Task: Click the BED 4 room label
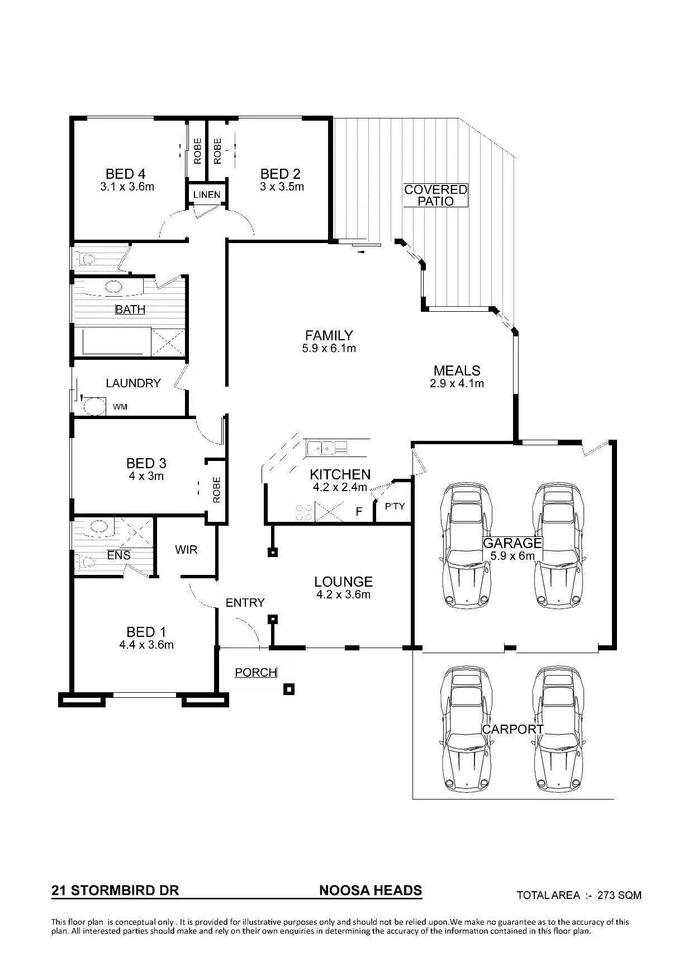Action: (x=126, y=174)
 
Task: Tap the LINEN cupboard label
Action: (x=207, y=195)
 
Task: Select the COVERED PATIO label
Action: (x=435, y=196)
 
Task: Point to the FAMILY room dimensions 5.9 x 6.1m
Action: (x=329, y=349)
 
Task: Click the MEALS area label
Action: (x=457, y=370)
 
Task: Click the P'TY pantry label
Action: (x=395, y=506)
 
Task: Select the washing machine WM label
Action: (x=120, y=407)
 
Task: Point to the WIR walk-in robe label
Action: (x=186, y=550)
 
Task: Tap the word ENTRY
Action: (x=245, y=603)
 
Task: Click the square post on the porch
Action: (x=288, y=689)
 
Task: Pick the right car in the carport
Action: (x=559, y=729)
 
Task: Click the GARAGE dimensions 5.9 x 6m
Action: (x=512, y=556)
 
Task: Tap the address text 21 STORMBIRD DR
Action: (x=115, y=891)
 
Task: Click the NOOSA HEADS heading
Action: (x=371, y=890)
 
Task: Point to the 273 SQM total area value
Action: (x=619, y=895)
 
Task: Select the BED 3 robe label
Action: (x=216, y=489)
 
